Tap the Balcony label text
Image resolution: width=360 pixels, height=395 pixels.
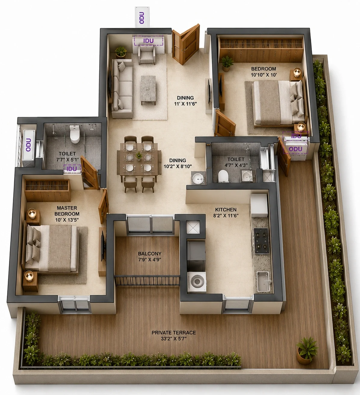point(150,256)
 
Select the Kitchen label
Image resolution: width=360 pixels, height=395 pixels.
point(226,213)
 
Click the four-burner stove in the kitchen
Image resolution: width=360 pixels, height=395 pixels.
point(261,240)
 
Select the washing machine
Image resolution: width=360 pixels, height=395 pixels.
point(197,281)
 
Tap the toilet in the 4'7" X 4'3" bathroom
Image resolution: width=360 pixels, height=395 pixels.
point(223,176)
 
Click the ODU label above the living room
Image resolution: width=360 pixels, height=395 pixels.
point(142,18)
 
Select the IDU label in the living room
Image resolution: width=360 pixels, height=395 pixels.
point(148,41)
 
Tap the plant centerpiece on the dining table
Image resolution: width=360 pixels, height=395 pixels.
point(139,155)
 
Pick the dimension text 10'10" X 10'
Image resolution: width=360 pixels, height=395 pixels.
point(264,75)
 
